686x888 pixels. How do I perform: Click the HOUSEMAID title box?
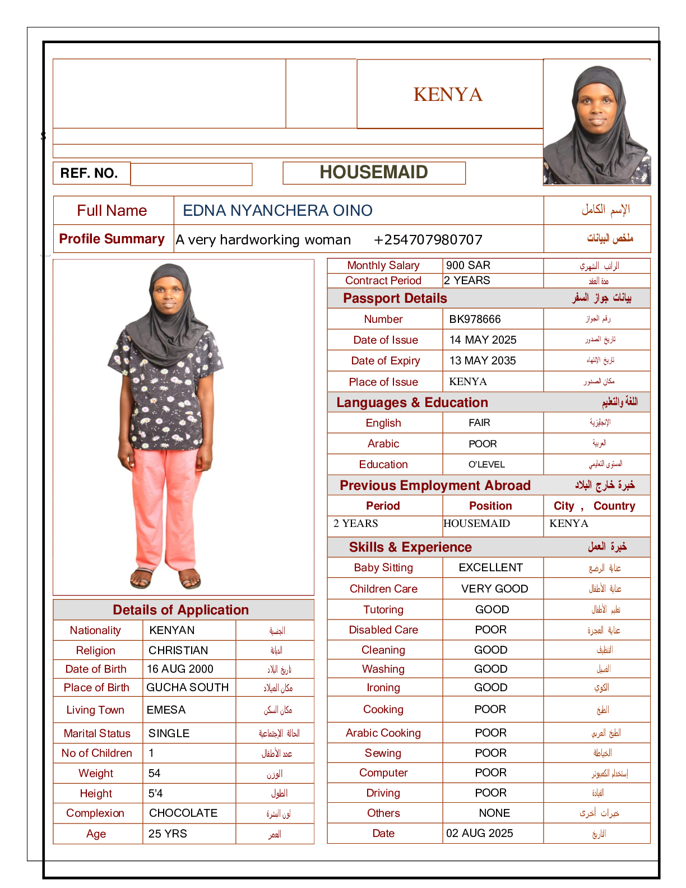coord(374,173)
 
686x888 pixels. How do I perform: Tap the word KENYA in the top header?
coord(448,95)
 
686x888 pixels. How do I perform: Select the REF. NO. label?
coord(89,173)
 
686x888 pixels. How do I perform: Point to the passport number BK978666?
coord(475,319)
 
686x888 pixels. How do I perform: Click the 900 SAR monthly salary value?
coord(468,265)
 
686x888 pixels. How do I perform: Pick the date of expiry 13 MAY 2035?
coord(483,360)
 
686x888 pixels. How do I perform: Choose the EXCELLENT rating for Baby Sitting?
coord(490,567)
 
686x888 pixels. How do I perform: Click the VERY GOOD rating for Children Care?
coord(494,589)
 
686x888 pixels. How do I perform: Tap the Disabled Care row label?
coord(383,630)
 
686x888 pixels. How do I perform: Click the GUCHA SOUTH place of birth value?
coord(187,687)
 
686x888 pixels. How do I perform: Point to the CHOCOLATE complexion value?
coord(183,813)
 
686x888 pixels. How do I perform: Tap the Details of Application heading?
coord(180,610)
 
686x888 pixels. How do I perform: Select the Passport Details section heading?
coord(395,298)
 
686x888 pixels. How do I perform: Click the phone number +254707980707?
coord(428,240)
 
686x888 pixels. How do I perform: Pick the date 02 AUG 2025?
coord(479,833)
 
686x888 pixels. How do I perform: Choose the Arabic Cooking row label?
coord(383,733)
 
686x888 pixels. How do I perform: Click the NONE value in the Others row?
coord(494,813)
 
